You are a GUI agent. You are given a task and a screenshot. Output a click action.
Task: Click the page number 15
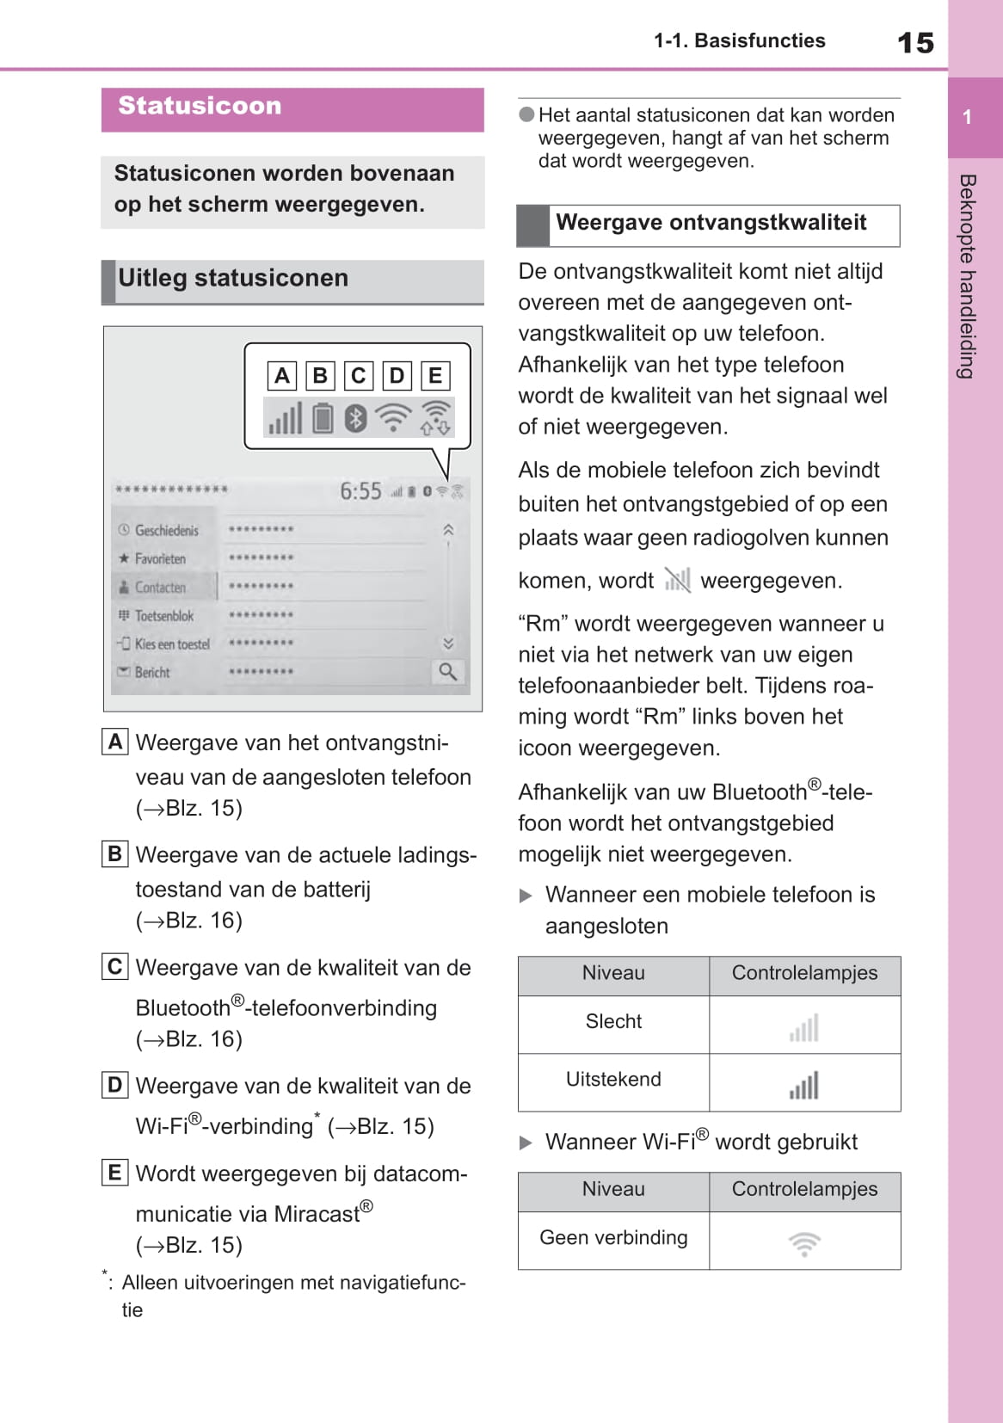[x=915, y=43]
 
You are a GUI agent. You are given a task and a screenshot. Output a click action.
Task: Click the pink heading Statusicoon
[x=200, y=106]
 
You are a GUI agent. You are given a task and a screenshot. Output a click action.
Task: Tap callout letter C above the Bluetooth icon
[x=358, y=376]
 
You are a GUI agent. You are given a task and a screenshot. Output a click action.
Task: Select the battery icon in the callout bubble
[x=323, y=419]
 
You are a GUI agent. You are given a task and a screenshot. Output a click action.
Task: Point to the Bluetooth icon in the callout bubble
[x=355, y=419]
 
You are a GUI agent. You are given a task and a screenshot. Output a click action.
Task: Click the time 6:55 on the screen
[x=360, y=491]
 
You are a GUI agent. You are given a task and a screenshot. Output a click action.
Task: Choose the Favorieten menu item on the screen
[x=160, y=559]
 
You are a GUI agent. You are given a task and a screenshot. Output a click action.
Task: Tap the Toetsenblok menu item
[x=163, y=616]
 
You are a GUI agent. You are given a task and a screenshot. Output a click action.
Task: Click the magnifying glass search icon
[x=447, y=672]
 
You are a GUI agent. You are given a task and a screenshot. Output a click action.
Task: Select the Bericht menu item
[x=152, y=673]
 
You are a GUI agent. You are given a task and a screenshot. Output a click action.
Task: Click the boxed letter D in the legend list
[x=114, y=1085]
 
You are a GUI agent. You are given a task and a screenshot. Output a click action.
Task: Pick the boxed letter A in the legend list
[x=114, y=742]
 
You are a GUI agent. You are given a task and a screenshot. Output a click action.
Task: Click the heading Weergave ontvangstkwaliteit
[x=711, y=223]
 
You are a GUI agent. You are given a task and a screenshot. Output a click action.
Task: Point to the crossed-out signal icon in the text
[x=677, y=581]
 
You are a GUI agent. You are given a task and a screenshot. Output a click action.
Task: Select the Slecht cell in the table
[x=613, y=1022]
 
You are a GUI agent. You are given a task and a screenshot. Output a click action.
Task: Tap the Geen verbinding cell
[x=613, y=1238]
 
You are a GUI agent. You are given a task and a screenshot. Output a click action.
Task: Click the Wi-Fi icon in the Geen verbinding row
[x=804, y=1243]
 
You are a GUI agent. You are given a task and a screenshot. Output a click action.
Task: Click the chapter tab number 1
[x=968, y=118]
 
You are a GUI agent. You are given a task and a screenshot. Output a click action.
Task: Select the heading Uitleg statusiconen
[x=233, y=279]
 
